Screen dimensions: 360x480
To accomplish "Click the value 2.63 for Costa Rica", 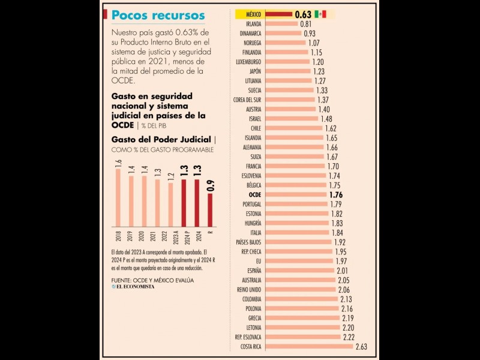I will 361,346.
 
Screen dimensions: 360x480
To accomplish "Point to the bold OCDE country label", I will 254,194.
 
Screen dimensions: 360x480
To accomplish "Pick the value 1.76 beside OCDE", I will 335,194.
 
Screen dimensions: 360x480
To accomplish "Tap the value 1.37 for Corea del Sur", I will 323,100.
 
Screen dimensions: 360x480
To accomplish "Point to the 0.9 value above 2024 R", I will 210,186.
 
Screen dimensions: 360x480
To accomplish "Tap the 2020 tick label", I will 144,235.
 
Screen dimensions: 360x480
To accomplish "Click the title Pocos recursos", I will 158,16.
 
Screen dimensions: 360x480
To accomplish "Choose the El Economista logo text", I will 135,287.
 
